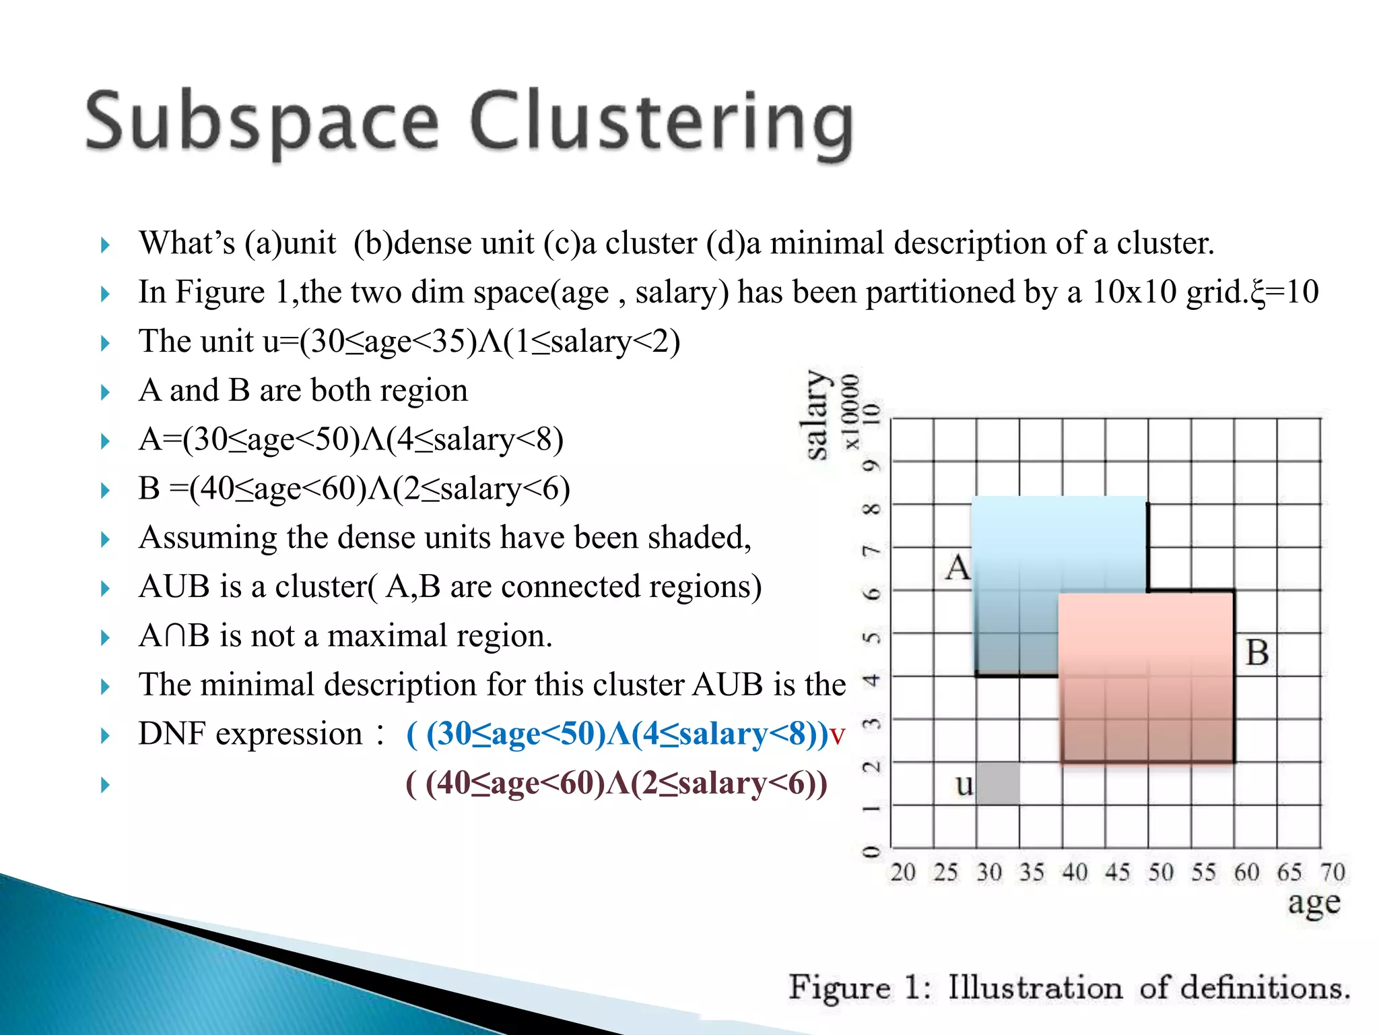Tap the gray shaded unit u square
pos(997,783)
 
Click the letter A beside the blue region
pos(957,567)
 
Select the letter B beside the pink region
pos(1256,652)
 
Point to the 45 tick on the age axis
pos(1117,872)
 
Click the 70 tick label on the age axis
pos(1332,872)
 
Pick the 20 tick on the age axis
pos(902,872)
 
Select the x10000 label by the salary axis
pos(851,412)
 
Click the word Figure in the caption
pos(839,988)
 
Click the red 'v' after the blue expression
pos(837,735)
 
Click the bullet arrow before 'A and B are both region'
pos(105,392)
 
